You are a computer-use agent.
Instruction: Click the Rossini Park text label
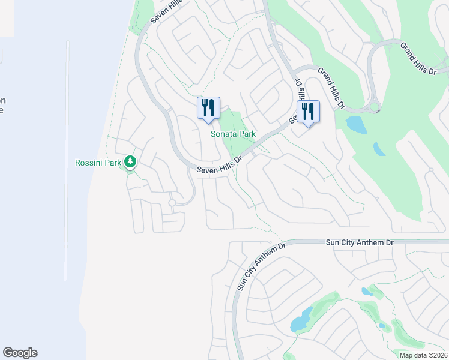[98, 162]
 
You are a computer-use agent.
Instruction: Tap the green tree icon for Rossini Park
[130, 161]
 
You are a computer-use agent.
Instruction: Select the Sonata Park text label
[229, 134]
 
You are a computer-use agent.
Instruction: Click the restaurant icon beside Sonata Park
[208, 109]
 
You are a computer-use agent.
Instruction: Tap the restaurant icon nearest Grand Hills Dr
[308, 112]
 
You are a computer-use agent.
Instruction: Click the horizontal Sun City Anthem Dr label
[360, 242]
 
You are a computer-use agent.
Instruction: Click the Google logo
[20, 353]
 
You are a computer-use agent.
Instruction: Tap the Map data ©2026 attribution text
[423, 355]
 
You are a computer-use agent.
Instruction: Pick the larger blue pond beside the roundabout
[356, 124]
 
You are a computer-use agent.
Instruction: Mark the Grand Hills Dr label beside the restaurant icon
[332, 88]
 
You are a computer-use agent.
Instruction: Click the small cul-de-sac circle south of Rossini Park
[172, 203]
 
